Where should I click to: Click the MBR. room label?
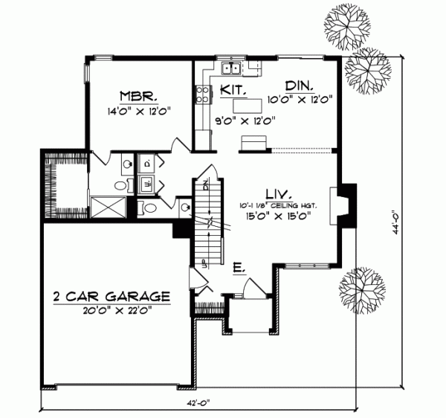(137, 96)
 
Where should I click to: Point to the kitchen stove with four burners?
(201, 94)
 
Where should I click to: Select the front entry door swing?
(247, 286)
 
